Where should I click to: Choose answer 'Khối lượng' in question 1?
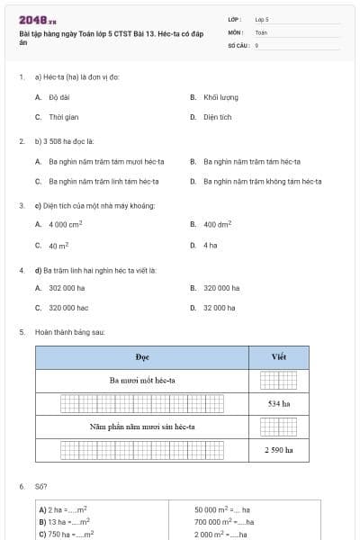pyautogui.click(x=220, y=97)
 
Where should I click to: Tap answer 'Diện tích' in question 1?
pyautogui.click(x=218, y=117)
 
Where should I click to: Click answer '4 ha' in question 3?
pyautogui.click(x=210, y=245)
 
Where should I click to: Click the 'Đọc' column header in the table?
pyautogui.click(x=142, y=357)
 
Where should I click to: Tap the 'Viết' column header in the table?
pyautogui.click(x=279, y=357)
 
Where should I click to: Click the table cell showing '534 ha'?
pyautogui.click(x=279, y=403)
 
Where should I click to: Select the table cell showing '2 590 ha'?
pyautogui.click(x=279, y=448)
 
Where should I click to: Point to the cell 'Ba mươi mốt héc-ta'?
pyautogui.click(x=142, y=380)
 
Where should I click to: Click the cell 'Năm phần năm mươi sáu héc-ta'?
pyautogui.click(x=142, y=426)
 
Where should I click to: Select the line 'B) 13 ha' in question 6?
pyautogui.click(x=65, y=521)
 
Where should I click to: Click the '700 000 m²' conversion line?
pyautogui.click(x=224, y=521)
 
